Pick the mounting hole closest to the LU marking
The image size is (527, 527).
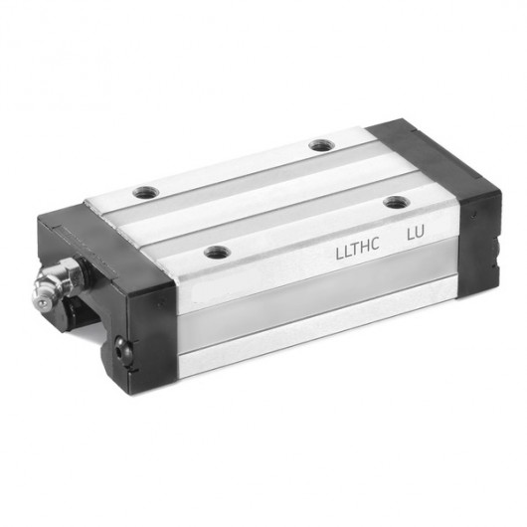pos(397,202)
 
